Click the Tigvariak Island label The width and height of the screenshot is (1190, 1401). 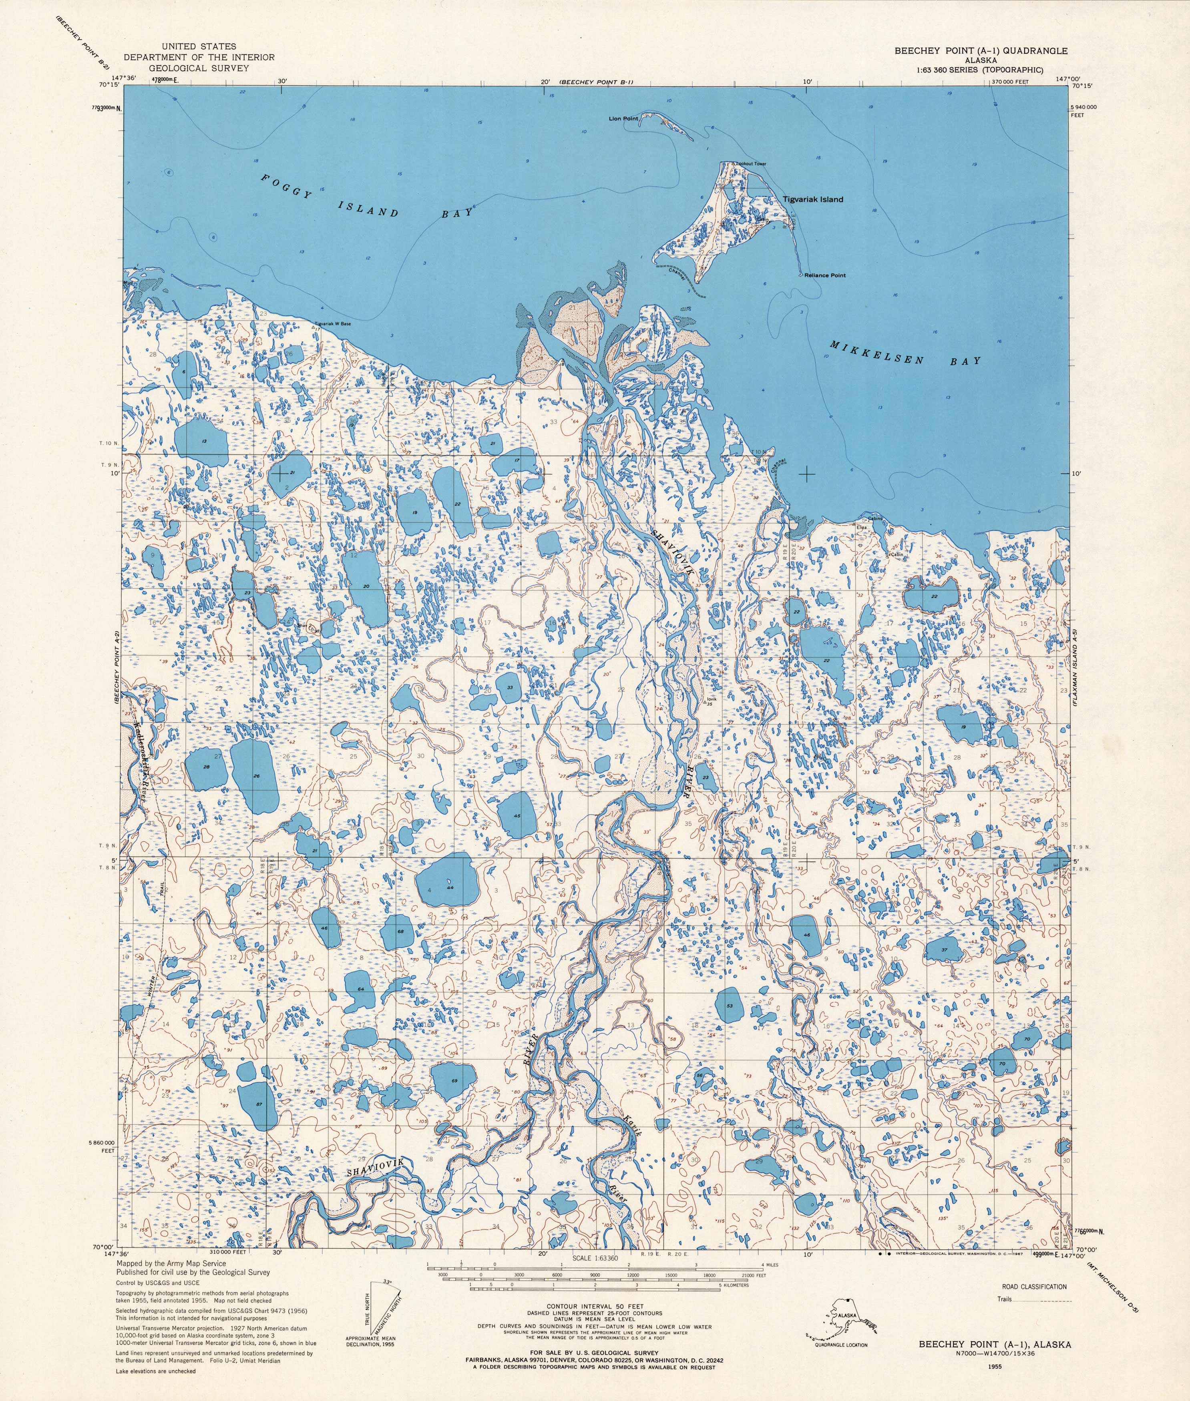tap(812, 200)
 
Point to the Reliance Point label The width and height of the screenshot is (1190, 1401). tap(824, 275)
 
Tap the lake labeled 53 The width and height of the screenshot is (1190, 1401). tap(729, 1006)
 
